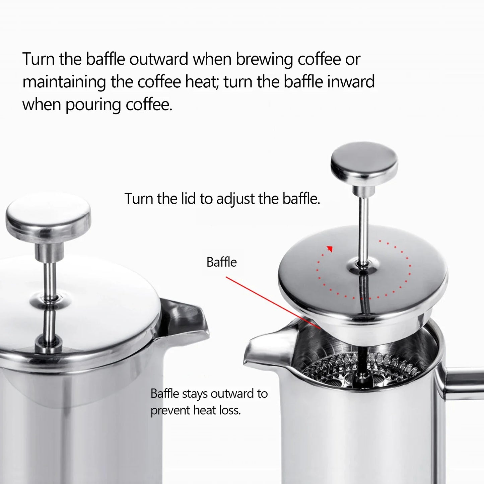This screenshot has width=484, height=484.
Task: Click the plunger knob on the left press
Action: point(48,216)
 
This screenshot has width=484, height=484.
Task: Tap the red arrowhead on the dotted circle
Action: point(330,249)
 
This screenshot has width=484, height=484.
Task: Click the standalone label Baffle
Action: point(221,262)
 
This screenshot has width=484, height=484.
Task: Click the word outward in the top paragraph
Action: point(159,59)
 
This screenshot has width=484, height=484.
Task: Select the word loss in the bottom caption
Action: point(230,410)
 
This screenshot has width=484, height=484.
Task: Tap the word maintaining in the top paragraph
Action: point(64,82)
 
